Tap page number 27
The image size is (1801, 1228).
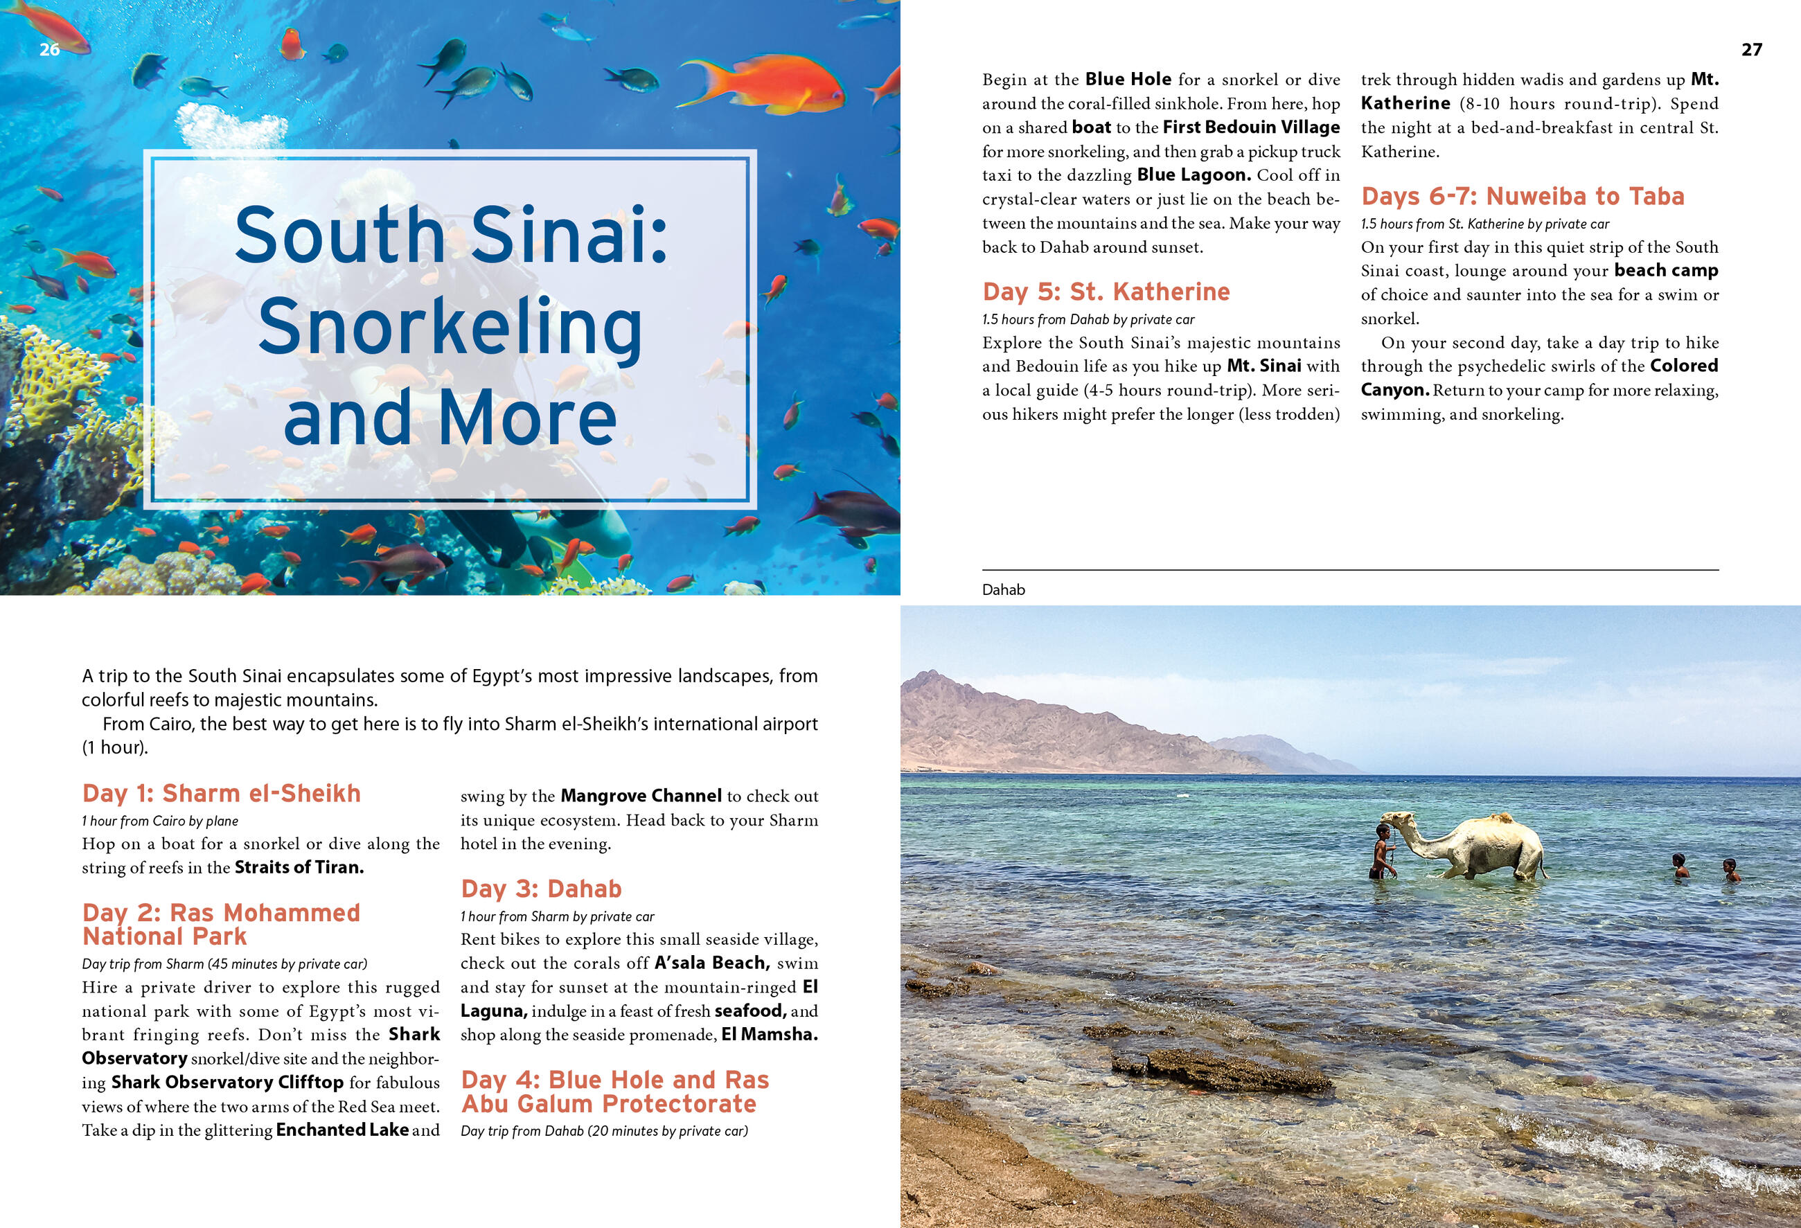[x=1751, y=50]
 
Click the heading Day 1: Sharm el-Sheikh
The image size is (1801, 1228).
[x=221, y=793]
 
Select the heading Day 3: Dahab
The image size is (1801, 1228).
[x=541, y=889]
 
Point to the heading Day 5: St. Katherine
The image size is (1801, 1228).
[x=1106, y=292]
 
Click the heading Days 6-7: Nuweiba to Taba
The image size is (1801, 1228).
[x=1522, y=196]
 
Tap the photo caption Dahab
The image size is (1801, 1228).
[x=1003, y=589]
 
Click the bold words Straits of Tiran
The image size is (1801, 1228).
[x=299, y=868]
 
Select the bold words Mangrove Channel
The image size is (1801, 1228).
[x=640, y=796]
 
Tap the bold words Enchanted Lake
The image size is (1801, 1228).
[x=341, y=1130]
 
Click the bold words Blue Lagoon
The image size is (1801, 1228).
[x=1194, y=175]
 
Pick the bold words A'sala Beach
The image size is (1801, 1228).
[x=711, y=963]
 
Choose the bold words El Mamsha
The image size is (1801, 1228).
[x=769, y=1034]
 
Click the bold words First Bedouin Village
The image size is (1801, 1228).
[x=1251, y=127]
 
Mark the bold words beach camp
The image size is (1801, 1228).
[x=1666, y=270]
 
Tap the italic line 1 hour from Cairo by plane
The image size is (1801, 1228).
[x=159, y=821]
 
